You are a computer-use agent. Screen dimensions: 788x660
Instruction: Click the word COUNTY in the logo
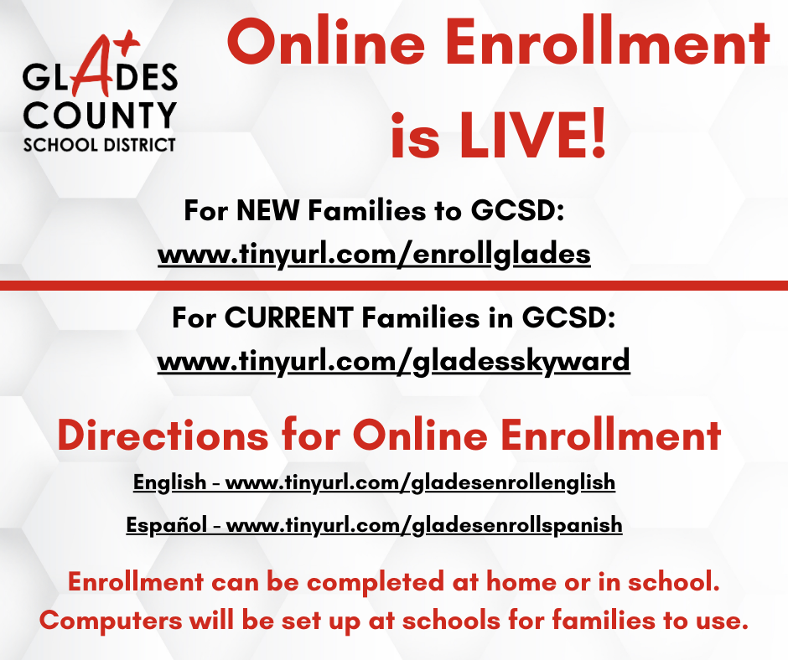coord(100,116)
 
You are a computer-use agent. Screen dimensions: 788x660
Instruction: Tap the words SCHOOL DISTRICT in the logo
coord(100,145)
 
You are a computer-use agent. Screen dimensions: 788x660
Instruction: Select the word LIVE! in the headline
coord(532,136)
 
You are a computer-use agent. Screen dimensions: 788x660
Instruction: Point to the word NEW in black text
coord(268,210)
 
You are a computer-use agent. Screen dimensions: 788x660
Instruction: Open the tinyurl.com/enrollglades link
coord(374,254)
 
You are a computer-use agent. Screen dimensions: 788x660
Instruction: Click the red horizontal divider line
coord(394,286)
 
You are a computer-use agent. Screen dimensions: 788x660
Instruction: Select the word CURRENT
coord(288,318)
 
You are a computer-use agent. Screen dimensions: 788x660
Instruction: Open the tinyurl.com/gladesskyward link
coord(393,362)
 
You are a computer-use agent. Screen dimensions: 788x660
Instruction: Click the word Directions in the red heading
coord(163,435)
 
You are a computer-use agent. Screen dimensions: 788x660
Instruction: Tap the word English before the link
coord(170,482)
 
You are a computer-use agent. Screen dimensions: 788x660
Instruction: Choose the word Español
coord(166,525)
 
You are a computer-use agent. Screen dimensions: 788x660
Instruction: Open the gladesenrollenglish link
coord(420,482)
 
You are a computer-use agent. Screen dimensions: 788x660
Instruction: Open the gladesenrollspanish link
coord(424,525)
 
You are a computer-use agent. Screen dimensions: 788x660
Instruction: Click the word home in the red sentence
coord(521,582)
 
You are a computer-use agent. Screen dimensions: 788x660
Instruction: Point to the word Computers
coord(111,621)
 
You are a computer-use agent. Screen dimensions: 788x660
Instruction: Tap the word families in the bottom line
coord(604,620)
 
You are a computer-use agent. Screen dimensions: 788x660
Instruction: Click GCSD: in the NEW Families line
coord(517,210)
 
